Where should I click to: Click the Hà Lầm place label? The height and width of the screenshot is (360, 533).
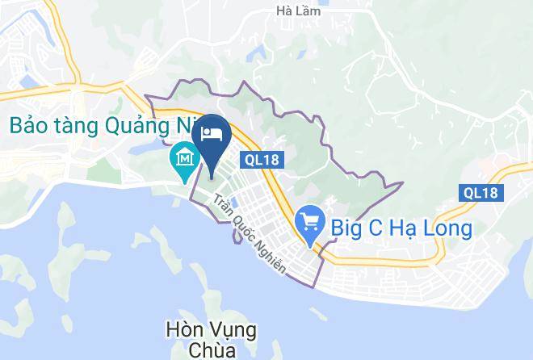(x=297, y=11)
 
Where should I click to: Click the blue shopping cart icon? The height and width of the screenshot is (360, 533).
(x=308, y=221)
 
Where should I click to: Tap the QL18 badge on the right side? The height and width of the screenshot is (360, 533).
(x=483, y=192)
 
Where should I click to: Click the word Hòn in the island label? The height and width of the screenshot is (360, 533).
(x=180, y=330)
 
